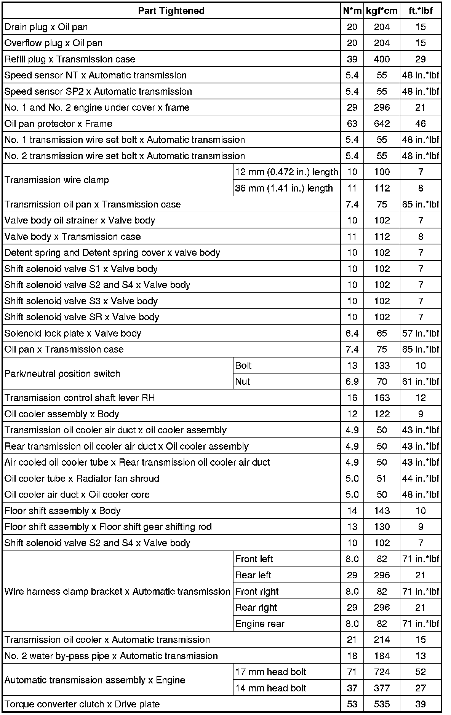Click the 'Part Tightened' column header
[171, 11]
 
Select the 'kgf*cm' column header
[382, 11]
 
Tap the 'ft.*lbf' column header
[421, 11]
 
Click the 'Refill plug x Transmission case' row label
[70, 59]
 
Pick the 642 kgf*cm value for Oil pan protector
[382, 124]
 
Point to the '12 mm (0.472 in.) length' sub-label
[286, 172]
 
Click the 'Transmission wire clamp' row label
[57, 180]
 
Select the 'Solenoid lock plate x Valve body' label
[73, 334]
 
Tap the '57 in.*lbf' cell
[421, 334]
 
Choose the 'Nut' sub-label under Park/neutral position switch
[243, 381]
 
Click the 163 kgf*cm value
[382, 398]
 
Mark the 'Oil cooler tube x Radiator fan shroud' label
[82, 479]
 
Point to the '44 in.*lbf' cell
[421, 479]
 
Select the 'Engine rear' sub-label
[260, 624]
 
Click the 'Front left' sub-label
[254, 559]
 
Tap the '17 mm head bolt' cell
[270, 672]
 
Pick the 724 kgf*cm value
[382, 672]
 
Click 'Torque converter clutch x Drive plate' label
[82, 704]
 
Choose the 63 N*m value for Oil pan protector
[352, 124]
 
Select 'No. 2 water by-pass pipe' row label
[111, 656]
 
